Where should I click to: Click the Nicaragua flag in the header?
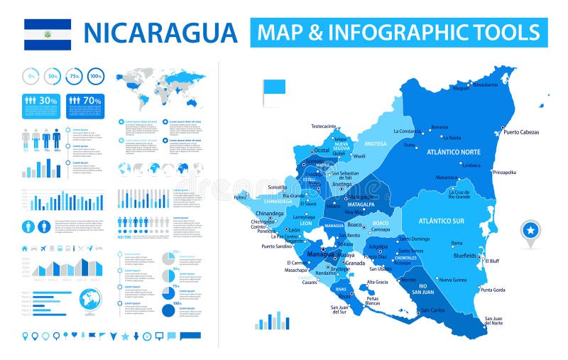coord(48,33)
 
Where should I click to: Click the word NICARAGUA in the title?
coord(160,33)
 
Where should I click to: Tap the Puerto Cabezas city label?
coord(521,132)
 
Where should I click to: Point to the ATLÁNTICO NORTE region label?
coord(453,152)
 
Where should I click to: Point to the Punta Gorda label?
coord(493,290)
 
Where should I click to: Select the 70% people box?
coord(85,101)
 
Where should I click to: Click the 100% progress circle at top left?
coord(96,75)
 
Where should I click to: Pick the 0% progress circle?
coord(31,75)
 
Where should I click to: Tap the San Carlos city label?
coord(433,310)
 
